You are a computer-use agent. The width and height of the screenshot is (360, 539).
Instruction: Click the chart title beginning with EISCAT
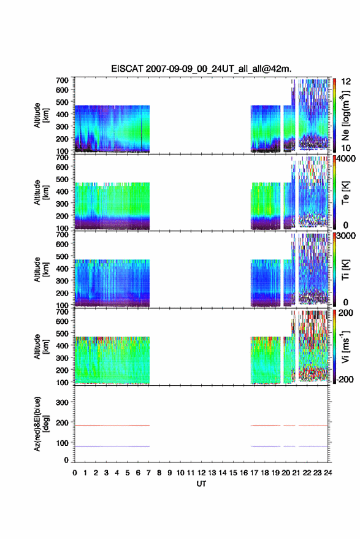[x=201, y=69]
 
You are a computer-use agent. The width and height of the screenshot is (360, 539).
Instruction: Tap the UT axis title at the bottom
[x=201, y=484]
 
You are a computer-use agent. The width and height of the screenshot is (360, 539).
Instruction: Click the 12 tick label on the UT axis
[x=202, y=473]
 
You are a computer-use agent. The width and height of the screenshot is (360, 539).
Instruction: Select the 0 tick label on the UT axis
[x=75, y=473]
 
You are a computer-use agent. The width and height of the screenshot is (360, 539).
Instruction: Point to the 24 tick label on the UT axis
[x=328, y=473]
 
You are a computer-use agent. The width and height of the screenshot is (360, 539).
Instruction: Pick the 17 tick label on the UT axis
[x=254, y=473]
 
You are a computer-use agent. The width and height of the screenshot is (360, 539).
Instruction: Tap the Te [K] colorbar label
[x=345, y=193]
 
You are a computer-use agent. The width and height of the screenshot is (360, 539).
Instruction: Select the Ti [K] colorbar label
[x=345, y=270]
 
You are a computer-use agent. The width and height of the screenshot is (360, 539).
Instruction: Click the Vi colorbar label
[x=345, y=346]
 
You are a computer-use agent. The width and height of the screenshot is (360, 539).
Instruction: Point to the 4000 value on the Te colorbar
[x=347, y=158]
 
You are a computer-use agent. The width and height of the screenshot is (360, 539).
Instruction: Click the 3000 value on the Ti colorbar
[x=347, y=235]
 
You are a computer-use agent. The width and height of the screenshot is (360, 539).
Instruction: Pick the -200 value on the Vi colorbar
[x=345, y=379]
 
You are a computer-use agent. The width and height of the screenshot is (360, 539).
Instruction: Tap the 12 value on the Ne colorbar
[x=347, y=82]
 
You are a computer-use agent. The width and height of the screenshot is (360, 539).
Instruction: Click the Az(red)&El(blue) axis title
[x=41, y=424]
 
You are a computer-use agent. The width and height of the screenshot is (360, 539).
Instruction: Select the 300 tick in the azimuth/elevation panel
[x=62, y=402]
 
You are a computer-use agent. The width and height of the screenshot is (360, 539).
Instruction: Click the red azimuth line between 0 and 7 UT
[x=112, y=426]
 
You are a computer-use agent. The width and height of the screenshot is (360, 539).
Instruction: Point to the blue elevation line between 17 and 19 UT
[x=266, y=446]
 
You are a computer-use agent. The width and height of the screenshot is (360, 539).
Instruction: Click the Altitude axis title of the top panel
[x=41, y=115]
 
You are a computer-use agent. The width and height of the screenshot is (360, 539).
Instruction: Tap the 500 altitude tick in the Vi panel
[x=62, y=333]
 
